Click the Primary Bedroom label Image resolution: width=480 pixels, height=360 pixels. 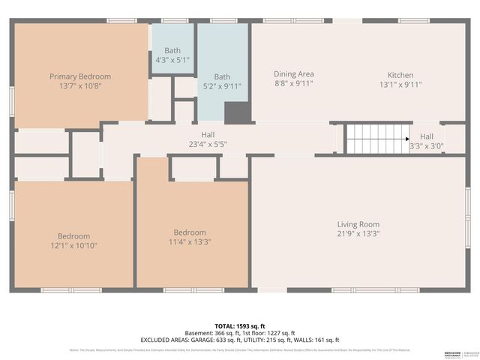tap(80, 76)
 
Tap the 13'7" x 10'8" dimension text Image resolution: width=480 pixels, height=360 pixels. tap(80, 86)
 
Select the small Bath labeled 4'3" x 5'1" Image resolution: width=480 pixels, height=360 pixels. tap(172, 55)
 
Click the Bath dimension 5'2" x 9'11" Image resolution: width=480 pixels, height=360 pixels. tap(222, 86)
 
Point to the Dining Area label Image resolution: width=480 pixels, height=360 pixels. tap(293, 74)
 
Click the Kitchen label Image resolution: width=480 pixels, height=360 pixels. tap(400, 75)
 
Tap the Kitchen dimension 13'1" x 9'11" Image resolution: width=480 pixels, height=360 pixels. tap(400, 85)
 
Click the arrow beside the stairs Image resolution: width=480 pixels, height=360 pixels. tap(406, 139)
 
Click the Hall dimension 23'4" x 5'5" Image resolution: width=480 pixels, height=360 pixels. tap(208, 144)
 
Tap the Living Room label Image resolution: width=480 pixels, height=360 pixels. tap(358, 224)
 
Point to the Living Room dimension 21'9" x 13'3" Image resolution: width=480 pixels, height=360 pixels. tap(358, 234)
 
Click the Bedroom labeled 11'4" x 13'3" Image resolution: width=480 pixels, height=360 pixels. tap(190, 237)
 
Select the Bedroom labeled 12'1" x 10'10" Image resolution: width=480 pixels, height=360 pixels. tap(74, 241)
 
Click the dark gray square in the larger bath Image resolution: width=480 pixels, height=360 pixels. tap(236, 112)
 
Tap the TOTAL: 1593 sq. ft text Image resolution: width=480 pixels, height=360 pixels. tap(240, 325)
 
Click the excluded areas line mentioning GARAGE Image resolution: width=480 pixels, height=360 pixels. tap(240, 340)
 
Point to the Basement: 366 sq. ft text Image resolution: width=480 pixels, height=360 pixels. tap(211, 333)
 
